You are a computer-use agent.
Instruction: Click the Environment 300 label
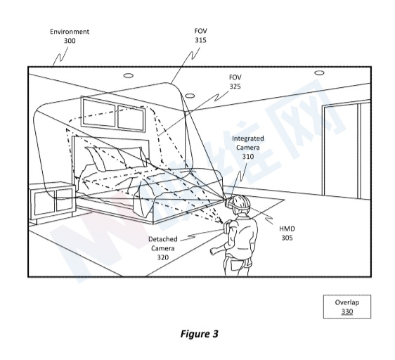point(70,36)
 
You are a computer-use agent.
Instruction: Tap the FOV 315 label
point(200,35)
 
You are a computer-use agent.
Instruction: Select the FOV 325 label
point(235,82)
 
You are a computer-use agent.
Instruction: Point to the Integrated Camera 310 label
point(248,147)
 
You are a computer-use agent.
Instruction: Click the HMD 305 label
point(287,233)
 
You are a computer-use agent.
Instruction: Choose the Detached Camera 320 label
point(163,248)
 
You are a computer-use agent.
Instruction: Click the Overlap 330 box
point(347,307)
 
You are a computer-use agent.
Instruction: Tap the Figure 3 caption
point(200,334)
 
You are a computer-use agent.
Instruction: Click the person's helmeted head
point(240,203)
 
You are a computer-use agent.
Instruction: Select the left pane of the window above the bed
point(99,112)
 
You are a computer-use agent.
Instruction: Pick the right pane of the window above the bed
point(131,118)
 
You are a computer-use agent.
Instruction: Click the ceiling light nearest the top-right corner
point(319,73)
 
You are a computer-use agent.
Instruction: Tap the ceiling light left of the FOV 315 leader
point(128,75)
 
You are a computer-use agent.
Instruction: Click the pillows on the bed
point(115,157)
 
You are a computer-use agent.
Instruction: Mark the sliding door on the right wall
point(346,149)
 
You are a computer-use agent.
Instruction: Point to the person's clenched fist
point(214,251)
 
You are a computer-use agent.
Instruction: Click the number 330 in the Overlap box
point(347,311)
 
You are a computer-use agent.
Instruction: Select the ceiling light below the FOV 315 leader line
point(190,96)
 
